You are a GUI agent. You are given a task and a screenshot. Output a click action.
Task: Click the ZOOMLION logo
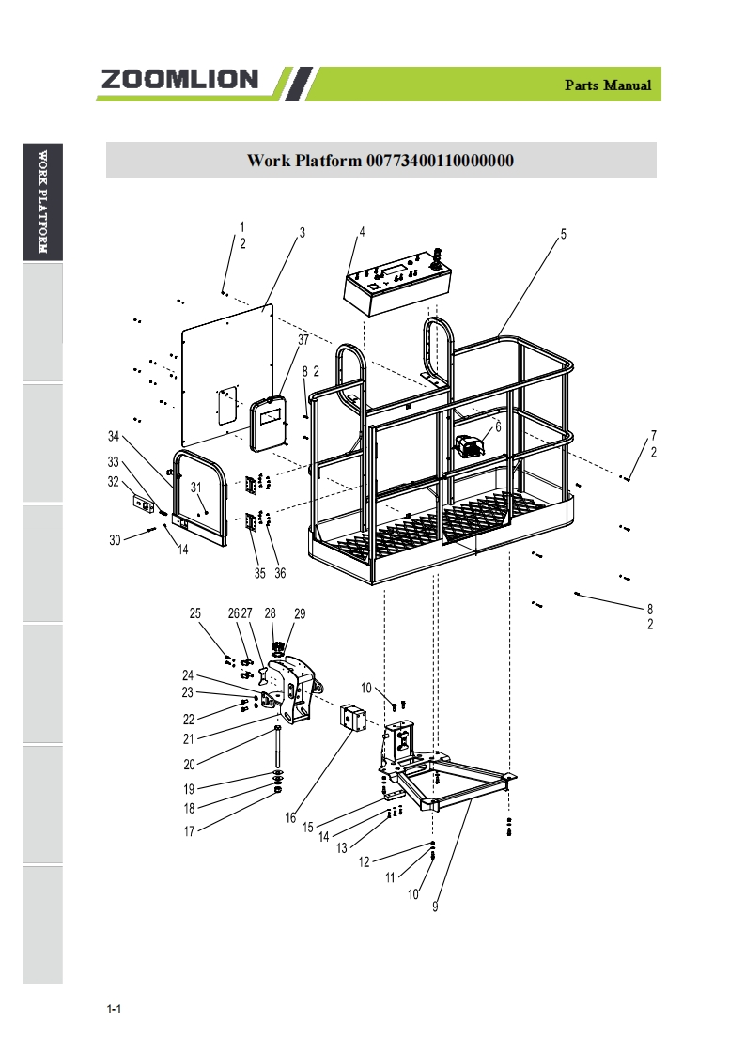coord(179,79)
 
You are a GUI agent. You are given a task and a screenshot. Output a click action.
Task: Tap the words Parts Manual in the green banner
coord(608,85)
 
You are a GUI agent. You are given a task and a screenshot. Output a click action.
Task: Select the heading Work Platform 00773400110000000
coord(380,160)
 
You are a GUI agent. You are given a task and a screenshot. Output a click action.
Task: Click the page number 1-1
coord(114,1009)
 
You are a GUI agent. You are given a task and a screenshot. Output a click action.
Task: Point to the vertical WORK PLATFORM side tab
coord(43,202)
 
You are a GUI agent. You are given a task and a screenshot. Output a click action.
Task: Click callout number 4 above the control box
coord(362,232)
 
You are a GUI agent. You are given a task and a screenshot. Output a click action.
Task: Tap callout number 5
coord(564,234)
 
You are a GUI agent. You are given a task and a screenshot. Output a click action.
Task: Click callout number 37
coord(303,339)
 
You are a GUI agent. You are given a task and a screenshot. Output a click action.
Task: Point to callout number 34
coord(114,436)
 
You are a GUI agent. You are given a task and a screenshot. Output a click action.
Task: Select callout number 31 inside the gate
coord(195,488)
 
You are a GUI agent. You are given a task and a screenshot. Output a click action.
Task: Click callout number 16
coord(290,817)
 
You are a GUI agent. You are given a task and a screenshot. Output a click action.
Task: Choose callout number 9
coord(435,907)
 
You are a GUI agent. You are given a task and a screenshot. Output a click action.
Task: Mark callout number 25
coord(195,613)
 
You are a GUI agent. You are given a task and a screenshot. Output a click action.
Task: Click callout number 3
coord(302,233)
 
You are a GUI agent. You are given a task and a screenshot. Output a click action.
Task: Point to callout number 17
coord(189,831)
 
